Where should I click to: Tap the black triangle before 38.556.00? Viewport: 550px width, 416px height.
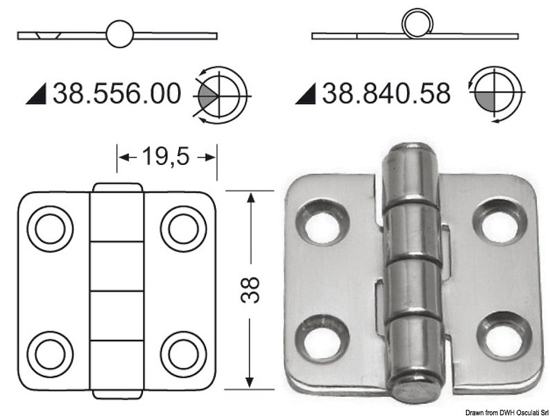coord(36,94)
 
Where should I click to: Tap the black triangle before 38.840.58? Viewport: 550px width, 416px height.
coord(305,94)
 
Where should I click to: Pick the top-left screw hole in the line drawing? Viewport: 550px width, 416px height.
coord(49,227)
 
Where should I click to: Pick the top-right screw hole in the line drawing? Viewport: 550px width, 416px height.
coord(182,227)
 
